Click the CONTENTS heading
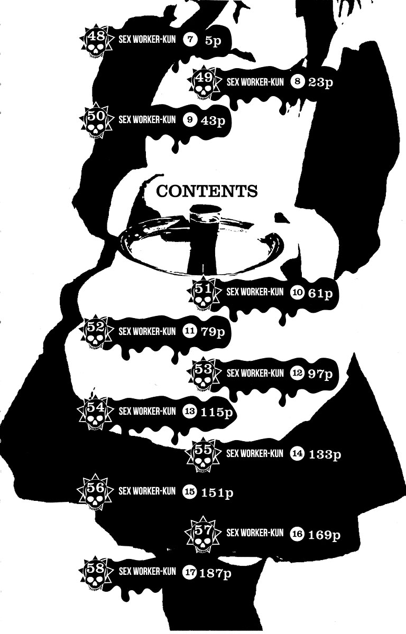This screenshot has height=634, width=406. (207, 191)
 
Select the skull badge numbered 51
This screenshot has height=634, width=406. (203, 295)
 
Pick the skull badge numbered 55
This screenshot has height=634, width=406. (203, 455)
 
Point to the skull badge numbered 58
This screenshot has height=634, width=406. (96, 574)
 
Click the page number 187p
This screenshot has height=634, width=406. (217, 572)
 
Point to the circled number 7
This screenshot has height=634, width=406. (189, 40)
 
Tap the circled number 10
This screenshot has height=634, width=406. (297, 293)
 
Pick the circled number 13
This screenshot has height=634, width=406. (189, 411)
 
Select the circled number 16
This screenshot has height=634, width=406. (297, 534)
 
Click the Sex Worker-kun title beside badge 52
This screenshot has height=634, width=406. (147, 331)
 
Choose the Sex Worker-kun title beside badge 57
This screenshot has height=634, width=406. (255, 532)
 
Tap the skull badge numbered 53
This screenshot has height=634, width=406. (203, 375)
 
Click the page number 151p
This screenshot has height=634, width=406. (217, 493)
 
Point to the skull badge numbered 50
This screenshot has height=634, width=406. (96, 122)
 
